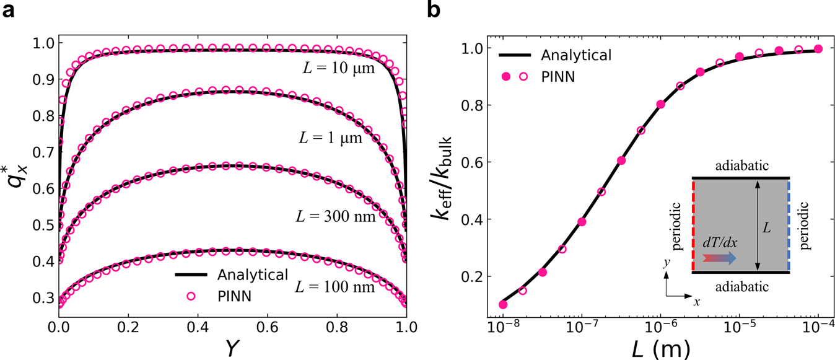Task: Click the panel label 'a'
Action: click(9, 10)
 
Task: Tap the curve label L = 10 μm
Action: click(340, 69)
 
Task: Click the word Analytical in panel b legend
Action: click(576, 55)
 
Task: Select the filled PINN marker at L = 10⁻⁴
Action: click(818, 49)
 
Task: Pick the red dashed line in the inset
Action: click(693, 226)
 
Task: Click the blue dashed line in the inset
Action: click(789, 226)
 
